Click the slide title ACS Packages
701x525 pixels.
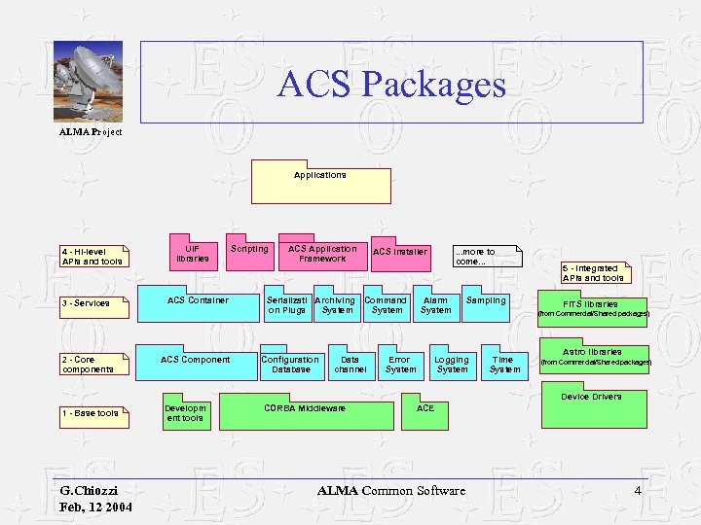391,84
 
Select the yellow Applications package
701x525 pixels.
321,184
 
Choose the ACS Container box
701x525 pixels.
198,306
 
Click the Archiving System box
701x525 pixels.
337,306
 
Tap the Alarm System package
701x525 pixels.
435,306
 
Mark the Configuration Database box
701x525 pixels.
290,365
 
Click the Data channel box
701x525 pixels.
350,365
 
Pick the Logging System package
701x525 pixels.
452,365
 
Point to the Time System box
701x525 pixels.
504,365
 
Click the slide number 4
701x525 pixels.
638,490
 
